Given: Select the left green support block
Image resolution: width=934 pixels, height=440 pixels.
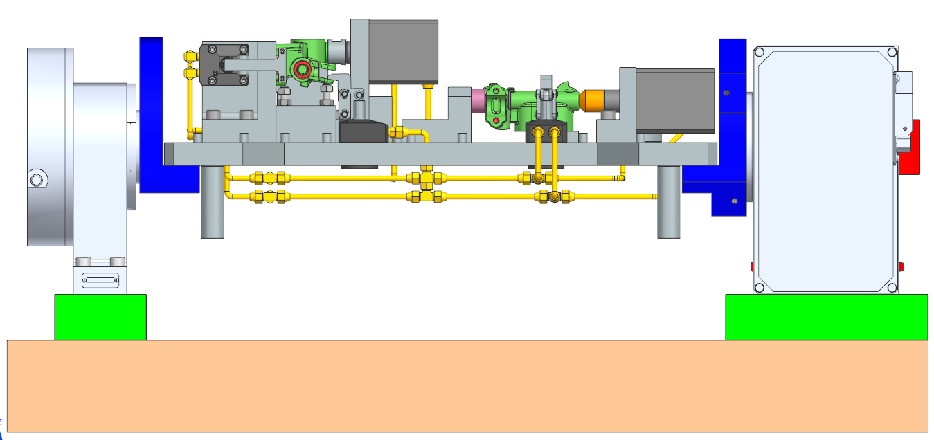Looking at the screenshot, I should click(x=100, y=317).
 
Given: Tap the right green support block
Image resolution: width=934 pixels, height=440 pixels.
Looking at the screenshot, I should click(x=826, y=317).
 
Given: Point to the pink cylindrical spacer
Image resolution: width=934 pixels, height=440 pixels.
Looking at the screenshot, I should click(x=478, y=100).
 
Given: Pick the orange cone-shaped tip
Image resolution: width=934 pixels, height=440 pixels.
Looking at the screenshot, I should click(x=593, y=100).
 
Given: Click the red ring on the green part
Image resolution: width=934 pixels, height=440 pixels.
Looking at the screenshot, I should click(x=301, y=69).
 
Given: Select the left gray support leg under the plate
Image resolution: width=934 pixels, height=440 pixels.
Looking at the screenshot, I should click(x=213, y=204).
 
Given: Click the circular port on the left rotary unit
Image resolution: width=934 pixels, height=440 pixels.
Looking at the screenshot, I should click(x=36, y=181).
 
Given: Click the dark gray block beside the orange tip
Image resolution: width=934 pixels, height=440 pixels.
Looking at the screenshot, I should click(x=674, y=100).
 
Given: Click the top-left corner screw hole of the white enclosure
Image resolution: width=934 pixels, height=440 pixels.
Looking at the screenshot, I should click(x=760, y=53).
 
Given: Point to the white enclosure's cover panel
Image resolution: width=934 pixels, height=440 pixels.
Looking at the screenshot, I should click(x=824, y=169).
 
